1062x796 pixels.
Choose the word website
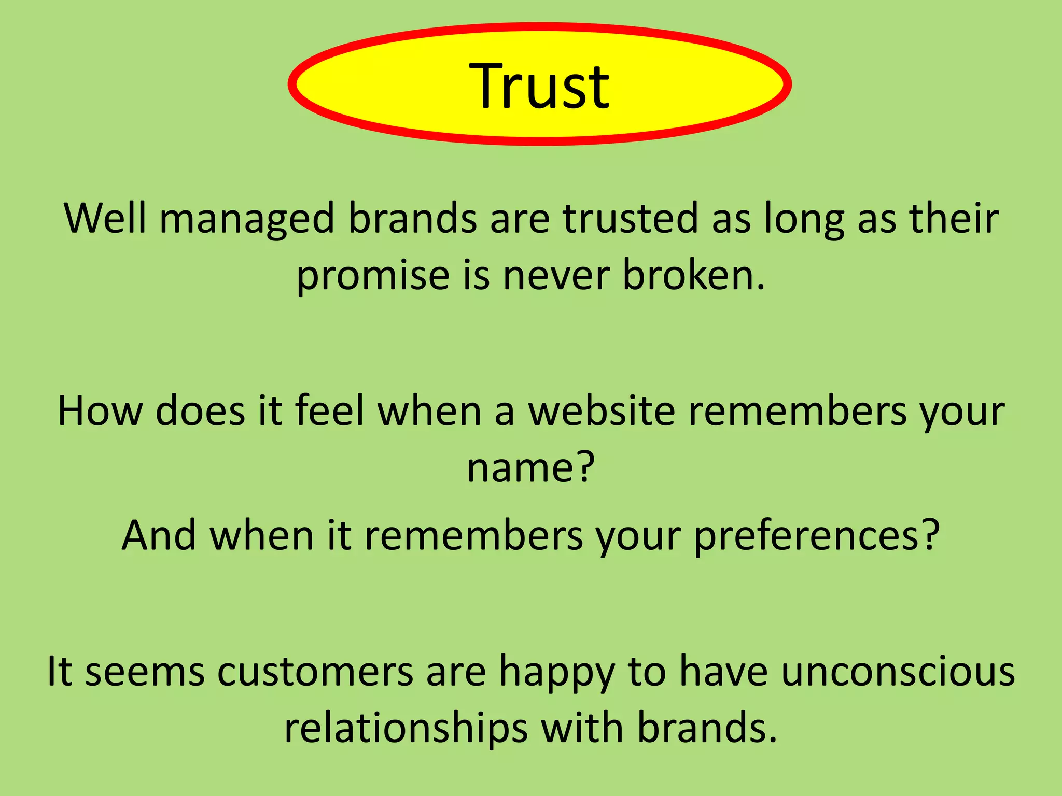(x=602, y=411)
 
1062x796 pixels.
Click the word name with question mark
(x=530, y=467)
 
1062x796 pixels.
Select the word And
(x=159, y=535)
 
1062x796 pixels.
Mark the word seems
(x=145, y=672)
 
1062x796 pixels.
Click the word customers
(x=315, y=672)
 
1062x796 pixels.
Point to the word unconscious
(x=898, y=671)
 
